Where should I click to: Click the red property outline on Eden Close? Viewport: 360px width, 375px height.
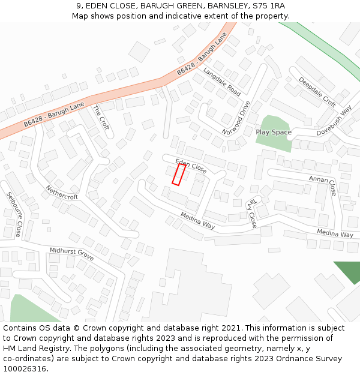coord(179,174)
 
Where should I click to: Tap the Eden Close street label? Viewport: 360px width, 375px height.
coord(191,166)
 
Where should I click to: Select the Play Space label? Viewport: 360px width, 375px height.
coord(273,132)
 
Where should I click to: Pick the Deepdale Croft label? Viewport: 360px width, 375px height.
coord(317,92)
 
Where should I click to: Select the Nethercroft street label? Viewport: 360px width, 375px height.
coord(62,193)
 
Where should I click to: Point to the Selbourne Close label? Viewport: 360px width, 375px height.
coord(14,214)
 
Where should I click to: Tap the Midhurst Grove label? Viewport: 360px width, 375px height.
coord(71,253)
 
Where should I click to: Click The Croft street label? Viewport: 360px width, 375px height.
coord(100,118)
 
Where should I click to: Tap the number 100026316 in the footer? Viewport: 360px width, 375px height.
coord(25,369)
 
